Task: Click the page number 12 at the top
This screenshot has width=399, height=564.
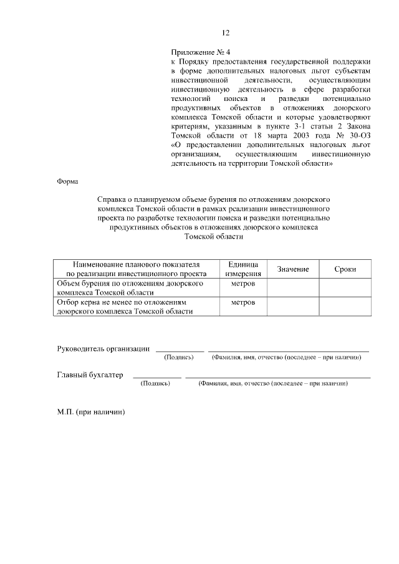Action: pyautogui.click(x=226, y=33)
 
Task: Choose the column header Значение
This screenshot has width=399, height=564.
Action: pyautogui.click(x=293, y=269)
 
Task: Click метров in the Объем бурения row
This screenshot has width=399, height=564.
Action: pyautogui.click(x=243, y=283)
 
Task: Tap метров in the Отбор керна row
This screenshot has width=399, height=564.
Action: pyautogui.click(x=243, y=302)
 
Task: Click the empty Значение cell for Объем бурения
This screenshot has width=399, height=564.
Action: pyautogui.click(x=293, y=287)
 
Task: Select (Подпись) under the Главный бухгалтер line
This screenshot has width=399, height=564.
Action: pyautogui.click(x=156, y=384)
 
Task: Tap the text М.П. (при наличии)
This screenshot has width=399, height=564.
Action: pyautogui.click(x=92, y=413)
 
